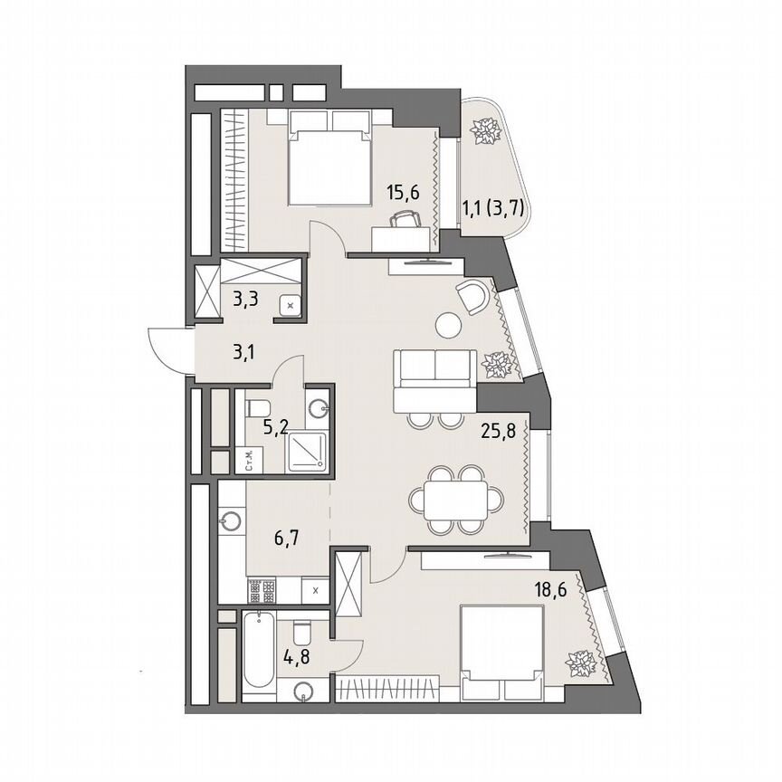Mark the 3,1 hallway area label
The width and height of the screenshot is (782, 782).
click(x=243, y=352)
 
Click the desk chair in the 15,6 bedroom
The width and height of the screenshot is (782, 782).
click(x=404, y=219)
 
